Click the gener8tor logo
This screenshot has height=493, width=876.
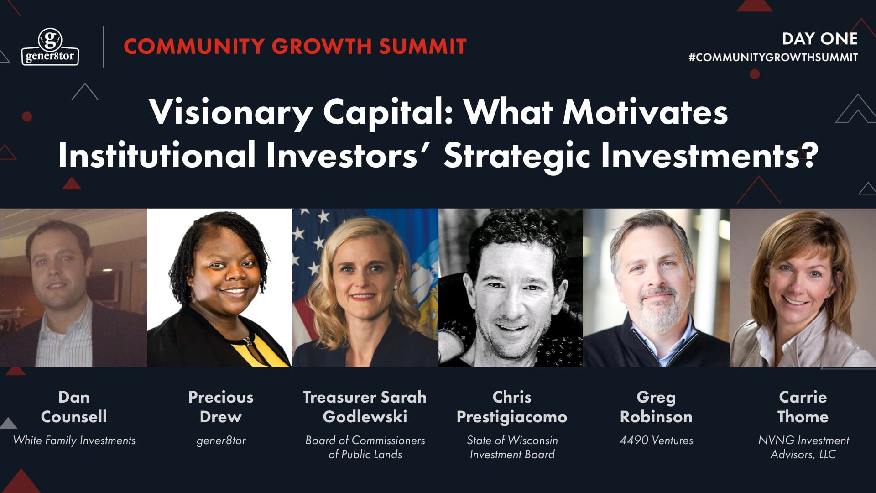click(x=50, y=47)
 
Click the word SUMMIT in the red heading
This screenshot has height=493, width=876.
click(x=422, y=47)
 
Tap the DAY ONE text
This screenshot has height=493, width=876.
click(x=819, y=39)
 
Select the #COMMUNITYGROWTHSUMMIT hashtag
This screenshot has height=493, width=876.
click(x=773, y=58)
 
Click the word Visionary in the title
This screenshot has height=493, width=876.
click(x=231, y=112)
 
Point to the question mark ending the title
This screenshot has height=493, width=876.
click(x=810, y=155)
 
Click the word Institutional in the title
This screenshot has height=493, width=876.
click(x=156, y=155)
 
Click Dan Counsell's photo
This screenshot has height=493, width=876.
click(x=73, y=288)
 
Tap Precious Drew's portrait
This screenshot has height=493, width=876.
click(x=219, y=288)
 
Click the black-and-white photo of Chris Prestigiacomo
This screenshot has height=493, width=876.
click(x=511, y=288)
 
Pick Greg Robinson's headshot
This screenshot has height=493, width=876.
click(x=656, y=288)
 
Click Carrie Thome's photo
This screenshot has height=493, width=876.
click(x=803, y=288)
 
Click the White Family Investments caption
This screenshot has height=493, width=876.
click(x=74, y=441)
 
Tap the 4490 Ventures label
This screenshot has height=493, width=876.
click(x=656, y=441)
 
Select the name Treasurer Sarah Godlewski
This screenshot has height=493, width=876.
click(x=365, y=407)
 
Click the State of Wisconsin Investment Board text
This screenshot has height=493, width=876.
click(x=512, y=447)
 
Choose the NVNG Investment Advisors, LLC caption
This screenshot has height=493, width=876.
click(x=803, y=447)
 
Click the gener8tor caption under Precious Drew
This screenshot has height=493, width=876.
click(x=221, y=441)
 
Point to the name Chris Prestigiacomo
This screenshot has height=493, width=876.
click(x=512, y=407)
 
